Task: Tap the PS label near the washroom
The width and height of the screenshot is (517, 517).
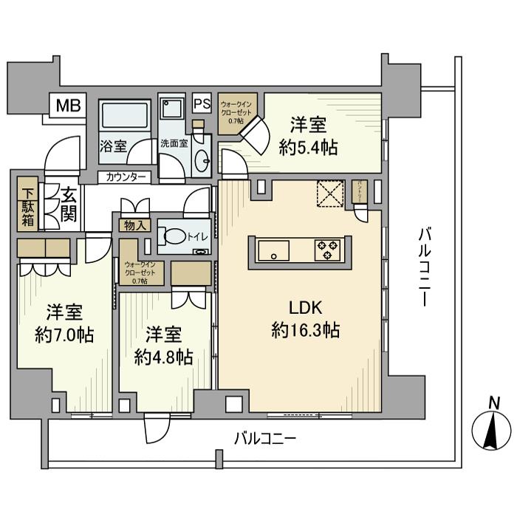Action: pos(201,104)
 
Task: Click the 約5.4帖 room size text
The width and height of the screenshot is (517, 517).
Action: pos(309,148)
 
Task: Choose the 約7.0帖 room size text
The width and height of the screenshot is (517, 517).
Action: pos(64,335)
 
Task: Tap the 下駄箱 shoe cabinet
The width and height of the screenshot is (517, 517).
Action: pos(25,202)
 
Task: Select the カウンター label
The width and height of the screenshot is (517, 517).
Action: pos(125,177)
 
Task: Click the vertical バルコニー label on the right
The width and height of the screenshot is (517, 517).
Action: pos(425,266)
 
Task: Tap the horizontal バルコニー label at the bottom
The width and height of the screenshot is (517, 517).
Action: pos(264,438)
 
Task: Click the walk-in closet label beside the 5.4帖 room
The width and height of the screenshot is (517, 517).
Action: pos(236,113)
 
